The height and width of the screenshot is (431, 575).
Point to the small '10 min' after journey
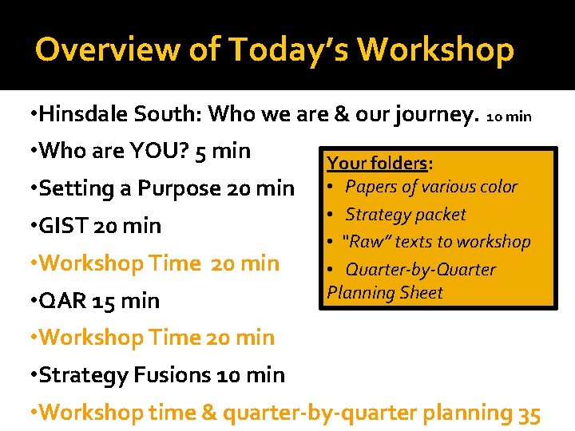point(509,117)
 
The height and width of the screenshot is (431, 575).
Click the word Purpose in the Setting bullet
point(180,189)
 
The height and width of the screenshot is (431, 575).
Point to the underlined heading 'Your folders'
point(376,164)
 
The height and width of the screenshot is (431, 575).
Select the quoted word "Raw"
point(364,242)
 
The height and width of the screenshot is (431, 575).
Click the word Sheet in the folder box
point(421,293)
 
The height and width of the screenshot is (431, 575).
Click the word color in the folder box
point(497,187)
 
